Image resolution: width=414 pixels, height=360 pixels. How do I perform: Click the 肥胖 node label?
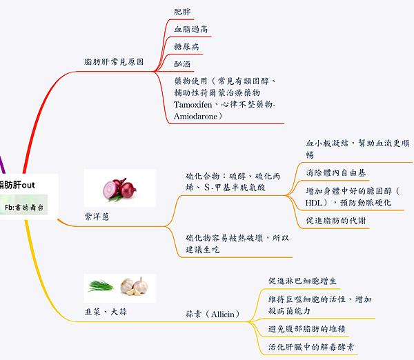tap(183, 12)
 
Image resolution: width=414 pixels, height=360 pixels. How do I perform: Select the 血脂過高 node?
tap(191, 29)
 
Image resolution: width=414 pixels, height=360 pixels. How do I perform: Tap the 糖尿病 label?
tap(187, 46)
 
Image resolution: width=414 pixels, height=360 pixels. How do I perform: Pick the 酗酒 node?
tap(183, 63)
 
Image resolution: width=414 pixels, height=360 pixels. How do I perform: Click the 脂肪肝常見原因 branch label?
tap(114, 61)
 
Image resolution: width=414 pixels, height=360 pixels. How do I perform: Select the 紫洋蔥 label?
tap(97, 216)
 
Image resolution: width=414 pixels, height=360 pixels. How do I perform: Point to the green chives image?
tap(101, 284)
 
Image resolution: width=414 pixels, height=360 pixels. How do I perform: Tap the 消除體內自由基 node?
tap(336, 172)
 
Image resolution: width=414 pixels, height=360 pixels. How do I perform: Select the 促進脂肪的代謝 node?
tap(336, 221)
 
